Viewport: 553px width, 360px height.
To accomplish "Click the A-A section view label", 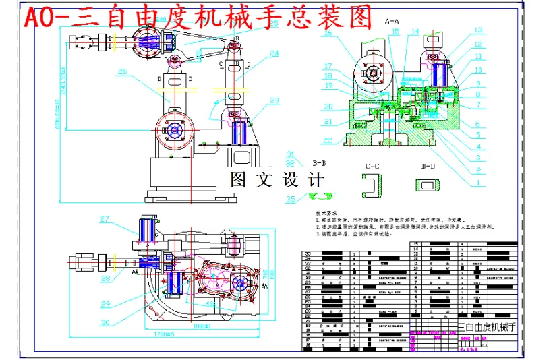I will (x=393, y=22).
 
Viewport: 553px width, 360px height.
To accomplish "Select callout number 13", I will (x=477, y=30).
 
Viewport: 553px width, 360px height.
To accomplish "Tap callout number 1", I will (x=477, y=182).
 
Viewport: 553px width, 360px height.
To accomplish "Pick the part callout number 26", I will (x=122, y=71).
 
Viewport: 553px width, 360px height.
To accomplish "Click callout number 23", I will (x=273, y=100).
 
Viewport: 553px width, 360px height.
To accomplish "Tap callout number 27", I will (x=105, y=218).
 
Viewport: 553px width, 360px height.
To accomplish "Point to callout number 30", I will (x=105, y=322).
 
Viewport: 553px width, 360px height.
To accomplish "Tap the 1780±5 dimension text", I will (x=165, y=334).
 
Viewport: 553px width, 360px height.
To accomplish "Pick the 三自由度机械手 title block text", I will (x=487, y=328).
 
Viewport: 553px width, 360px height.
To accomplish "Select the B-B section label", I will (x=320, y=163).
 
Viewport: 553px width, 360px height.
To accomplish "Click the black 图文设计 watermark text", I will (x=277, y=180).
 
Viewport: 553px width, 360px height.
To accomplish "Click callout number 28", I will (x=105, y=278).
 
